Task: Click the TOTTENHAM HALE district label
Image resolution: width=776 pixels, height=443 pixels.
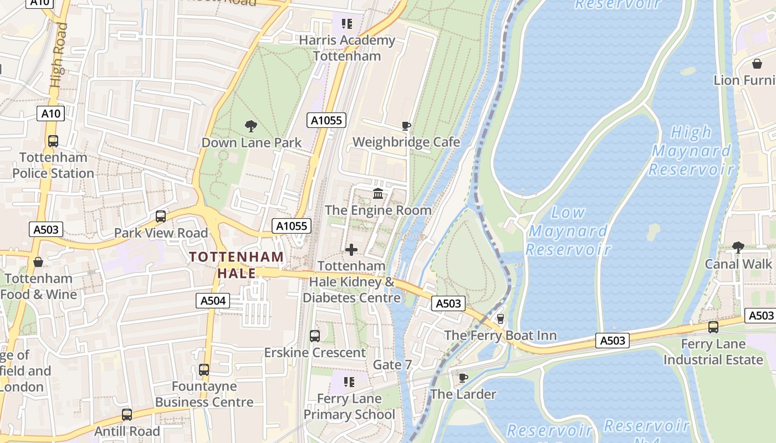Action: [x=237, y=265]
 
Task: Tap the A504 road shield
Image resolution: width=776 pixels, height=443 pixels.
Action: [x=213, y=301]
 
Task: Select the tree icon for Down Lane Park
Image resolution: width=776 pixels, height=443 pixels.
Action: [x=251, y=126]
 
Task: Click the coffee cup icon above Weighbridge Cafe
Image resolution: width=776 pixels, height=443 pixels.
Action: [x=406, y=126]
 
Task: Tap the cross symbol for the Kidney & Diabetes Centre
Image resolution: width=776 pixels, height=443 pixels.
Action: [x=351, y=250]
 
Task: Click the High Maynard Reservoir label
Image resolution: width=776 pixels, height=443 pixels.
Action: [x=691, y=150]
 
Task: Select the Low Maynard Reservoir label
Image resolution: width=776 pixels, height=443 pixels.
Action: [x=568, y=230]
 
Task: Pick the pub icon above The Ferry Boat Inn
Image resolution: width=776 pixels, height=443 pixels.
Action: [x=501, y=319]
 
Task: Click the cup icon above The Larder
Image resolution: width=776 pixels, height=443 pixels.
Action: [x=463, y=378]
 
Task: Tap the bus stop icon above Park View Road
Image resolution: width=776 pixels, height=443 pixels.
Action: [x=161, y=217]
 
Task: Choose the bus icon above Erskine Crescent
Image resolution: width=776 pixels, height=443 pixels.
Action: [x=314, y=336]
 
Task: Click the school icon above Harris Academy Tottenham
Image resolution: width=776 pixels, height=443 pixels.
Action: [x=347, y=24]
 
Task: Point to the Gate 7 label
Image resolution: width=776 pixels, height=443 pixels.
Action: [x=392, y=365]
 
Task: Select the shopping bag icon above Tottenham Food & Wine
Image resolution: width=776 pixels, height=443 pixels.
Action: [x=38, y=262]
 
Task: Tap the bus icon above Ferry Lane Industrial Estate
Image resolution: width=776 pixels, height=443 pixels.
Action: [x=713, y=327]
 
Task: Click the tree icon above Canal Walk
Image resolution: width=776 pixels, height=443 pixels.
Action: [x=738, y=247]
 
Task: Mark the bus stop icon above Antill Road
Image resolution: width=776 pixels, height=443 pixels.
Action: [x=127, y=415]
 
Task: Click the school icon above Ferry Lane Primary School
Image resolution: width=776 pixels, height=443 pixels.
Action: [x=349, y=382]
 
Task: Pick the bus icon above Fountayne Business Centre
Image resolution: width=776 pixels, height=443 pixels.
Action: [x=204, y=370]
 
